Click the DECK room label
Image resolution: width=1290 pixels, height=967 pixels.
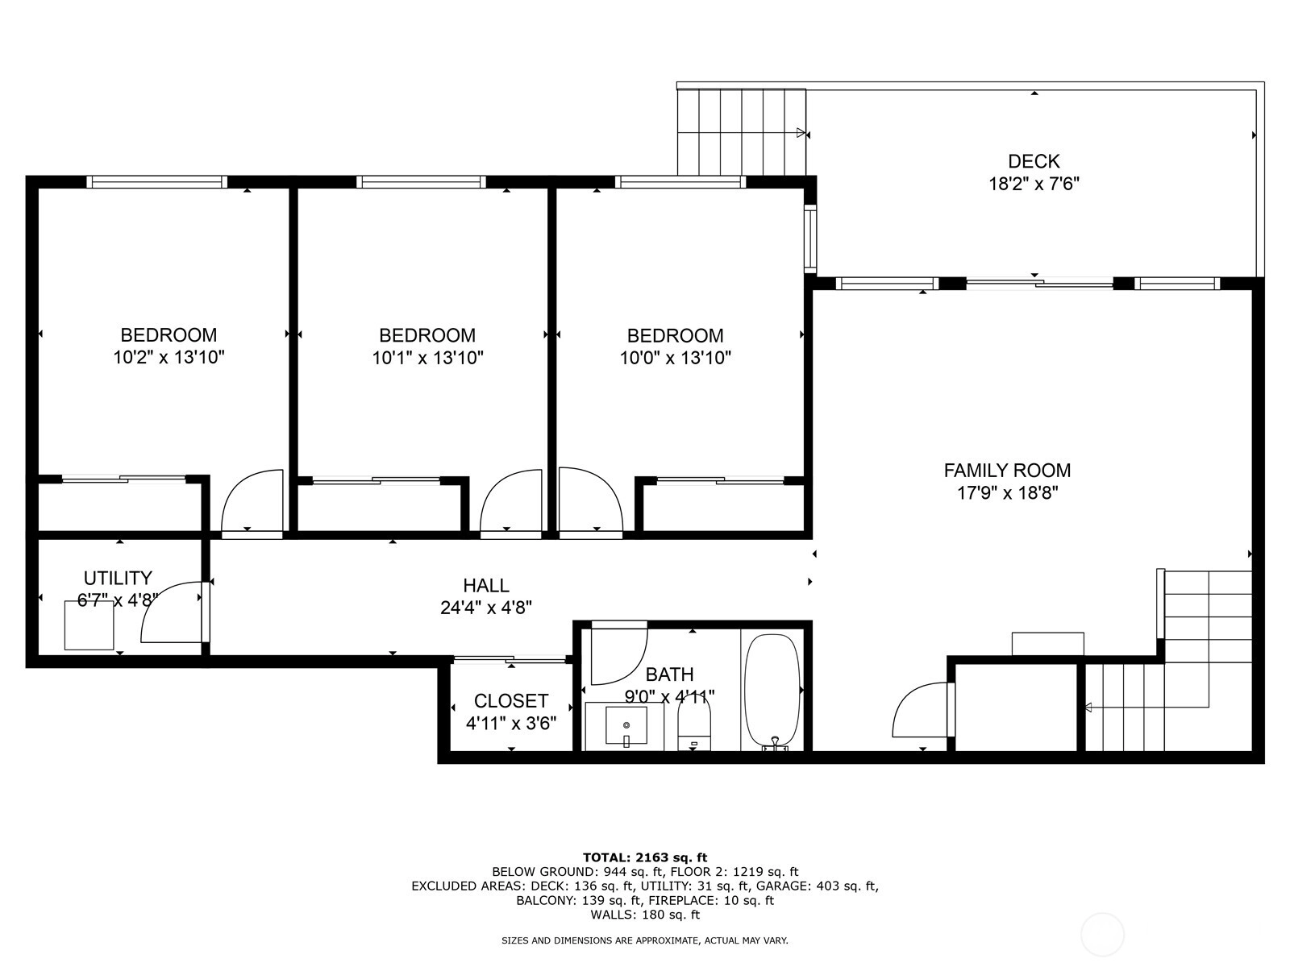1033,161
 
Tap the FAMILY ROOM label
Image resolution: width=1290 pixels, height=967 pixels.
1007,471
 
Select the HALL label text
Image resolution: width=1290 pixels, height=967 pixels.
485,585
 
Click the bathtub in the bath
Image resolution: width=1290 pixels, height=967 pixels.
772,692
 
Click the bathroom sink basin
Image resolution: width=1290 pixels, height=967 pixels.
626,725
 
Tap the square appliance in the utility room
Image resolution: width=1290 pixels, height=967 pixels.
89,626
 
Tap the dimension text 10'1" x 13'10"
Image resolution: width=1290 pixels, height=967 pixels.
427,358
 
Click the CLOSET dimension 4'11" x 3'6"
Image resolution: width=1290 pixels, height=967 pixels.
510,724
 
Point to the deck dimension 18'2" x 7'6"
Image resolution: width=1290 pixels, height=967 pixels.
1034,184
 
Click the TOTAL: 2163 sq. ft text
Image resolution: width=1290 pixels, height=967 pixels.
645,857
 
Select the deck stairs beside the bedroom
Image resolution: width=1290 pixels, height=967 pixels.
741,132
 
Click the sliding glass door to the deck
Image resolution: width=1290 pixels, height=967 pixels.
1039,284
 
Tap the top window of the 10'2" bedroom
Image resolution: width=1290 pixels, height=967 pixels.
156,182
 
